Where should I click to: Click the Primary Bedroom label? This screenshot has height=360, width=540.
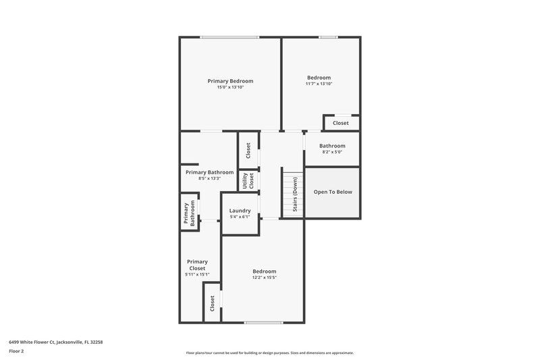point(230,81)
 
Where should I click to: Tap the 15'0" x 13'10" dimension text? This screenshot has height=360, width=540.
point(230,87)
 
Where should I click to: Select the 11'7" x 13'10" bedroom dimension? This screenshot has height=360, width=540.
point(319,84)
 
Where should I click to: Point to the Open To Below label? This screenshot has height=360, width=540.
point(333,192)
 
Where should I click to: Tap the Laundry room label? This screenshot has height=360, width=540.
point(240,211)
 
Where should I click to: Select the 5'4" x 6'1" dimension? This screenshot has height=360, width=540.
point(240,217)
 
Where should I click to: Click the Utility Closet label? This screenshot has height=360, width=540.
point(248,181)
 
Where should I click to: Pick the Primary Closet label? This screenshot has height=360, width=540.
point(197,265)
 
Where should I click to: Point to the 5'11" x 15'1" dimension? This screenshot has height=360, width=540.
point(197,274)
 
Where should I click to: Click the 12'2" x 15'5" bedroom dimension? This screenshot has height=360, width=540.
point(265,278)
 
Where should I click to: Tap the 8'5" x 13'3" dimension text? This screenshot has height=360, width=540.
point(209,178)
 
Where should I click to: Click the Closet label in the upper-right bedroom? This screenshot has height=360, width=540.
point(341,123)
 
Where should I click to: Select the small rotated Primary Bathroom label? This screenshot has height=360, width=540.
point(189,213)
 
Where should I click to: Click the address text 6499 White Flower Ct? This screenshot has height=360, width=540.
point(55,342)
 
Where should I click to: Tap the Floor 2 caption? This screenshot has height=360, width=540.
point(17,351)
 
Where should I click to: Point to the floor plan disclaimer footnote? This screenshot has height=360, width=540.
point(269,353)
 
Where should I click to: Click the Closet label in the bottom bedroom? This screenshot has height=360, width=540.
point(212,303)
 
